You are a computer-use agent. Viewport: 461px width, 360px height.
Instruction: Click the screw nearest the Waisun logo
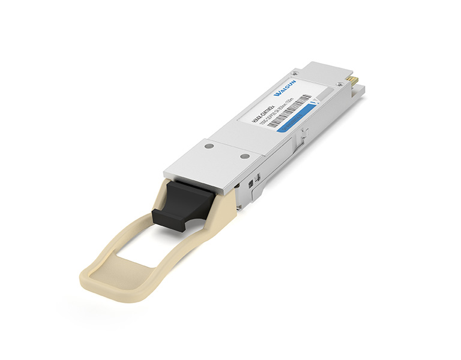294,74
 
